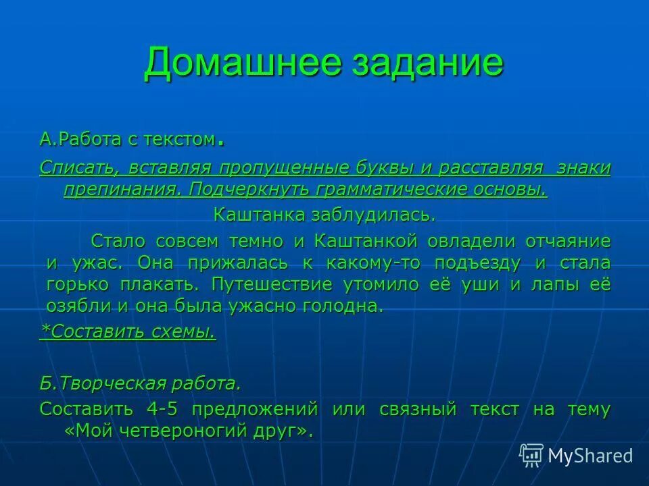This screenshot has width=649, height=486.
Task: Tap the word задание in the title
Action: click(427, 63)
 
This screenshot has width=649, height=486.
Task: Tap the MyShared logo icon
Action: click(531, 455)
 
